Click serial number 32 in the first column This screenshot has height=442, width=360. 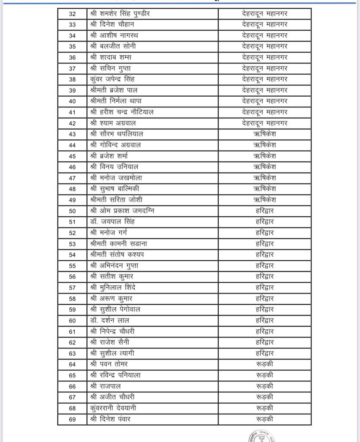click(72, 14)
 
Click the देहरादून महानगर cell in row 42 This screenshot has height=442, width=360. click(265, 123)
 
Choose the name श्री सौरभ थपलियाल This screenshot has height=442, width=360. click(117, 134)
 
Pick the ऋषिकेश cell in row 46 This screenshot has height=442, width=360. click(265, 167)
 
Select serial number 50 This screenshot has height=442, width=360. click(72, 211)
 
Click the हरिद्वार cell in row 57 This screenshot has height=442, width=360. click(265, 287)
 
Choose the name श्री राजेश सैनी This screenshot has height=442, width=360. click(110, 342)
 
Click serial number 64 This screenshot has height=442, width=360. click(72, 364)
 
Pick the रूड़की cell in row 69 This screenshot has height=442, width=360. click(265, 419)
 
